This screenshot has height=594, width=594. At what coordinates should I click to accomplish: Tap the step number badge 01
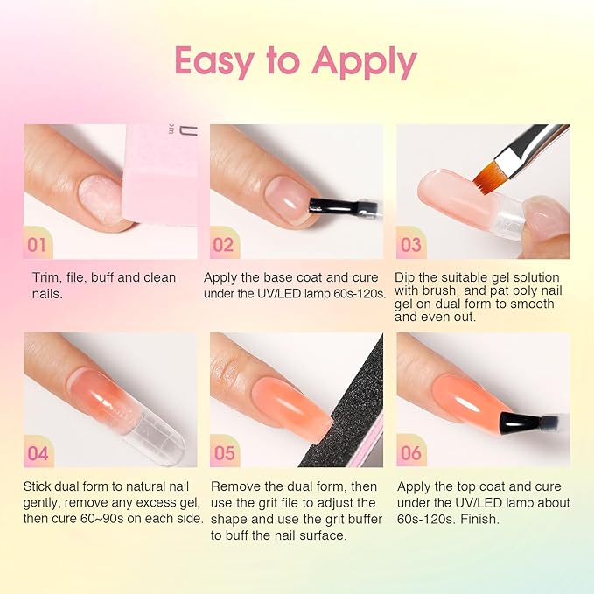37,245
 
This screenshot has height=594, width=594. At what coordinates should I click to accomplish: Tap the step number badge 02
223,245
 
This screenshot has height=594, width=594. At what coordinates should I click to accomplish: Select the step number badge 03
410,245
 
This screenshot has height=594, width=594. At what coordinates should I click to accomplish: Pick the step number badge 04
38,453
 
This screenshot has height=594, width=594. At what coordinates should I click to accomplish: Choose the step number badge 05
224,453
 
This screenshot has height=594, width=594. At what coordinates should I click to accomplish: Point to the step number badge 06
411,453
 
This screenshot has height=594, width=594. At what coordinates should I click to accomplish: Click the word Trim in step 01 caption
44,277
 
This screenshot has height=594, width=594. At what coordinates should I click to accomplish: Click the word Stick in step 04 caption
39,486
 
